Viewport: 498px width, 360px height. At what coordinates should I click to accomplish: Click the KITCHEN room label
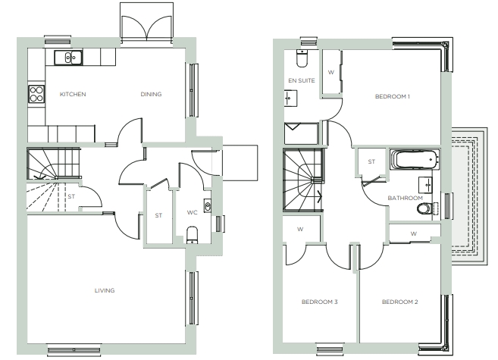point(73,94)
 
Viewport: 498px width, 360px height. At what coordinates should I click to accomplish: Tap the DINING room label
point(151,94)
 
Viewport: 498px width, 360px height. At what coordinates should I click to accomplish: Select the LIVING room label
point(105,290)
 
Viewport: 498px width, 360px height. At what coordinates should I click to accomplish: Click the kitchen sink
point(68,58)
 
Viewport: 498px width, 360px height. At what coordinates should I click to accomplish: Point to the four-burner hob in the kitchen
point(36,94)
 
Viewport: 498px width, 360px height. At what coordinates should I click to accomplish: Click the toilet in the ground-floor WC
point(192,235)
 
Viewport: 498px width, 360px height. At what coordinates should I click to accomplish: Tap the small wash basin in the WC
point(208,206)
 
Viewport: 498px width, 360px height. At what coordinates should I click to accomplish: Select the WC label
point(192,212)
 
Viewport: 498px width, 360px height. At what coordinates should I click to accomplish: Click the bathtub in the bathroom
point(414,160)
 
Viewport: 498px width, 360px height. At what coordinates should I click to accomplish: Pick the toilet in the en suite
point(302,58)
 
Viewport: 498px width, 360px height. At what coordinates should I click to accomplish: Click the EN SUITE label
point(302,80)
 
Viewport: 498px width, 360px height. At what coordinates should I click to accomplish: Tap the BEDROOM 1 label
point(392,96)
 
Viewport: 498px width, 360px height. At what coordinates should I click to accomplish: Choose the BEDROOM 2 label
point(400,302)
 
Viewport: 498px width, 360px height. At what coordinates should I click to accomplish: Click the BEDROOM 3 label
point(320,302)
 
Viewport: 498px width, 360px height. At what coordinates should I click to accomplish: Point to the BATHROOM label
point(406,198)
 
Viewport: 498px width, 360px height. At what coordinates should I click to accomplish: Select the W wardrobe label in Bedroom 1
point(331,73)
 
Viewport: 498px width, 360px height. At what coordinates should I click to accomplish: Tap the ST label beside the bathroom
point(371,162)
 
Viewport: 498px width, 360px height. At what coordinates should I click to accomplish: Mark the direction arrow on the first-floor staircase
point(318,196)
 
